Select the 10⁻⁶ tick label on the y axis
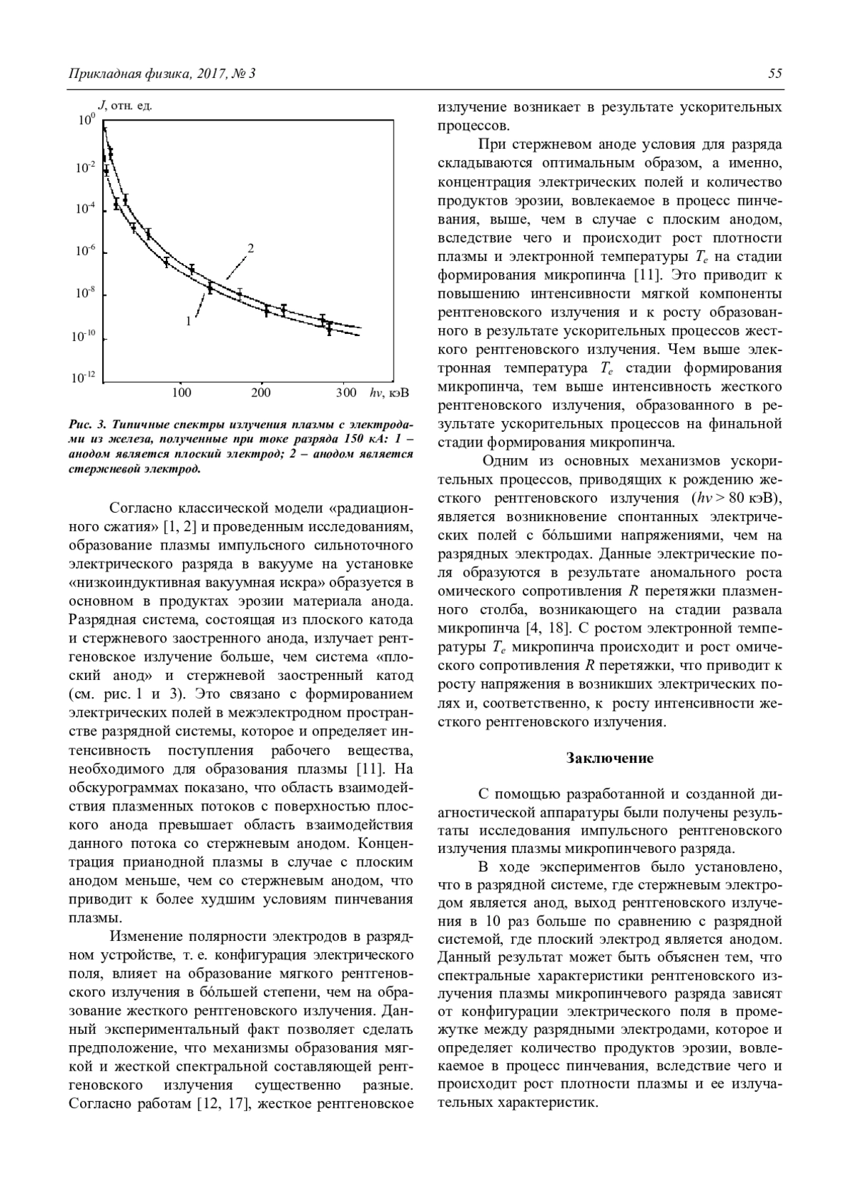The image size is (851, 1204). pyautogui.click(x=86, y=252)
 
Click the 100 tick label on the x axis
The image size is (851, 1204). pyautogui.click(x=182, y=393)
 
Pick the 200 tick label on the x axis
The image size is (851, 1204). pyautogui.click(x=262, y=393)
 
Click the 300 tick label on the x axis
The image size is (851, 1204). pyautogui.click(x=346, y=393)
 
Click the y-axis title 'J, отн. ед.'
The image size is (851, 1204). pyautogui.click(x=125, y=106)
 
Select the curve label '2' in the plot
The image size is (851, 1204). pyautogui.click(x=250, y=248)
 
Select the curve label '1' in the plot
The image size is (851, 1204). pyautogui.click(x=189, y=320)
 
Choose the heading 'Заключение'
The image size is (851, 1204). pyautogui.click(x=609, y=758)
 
